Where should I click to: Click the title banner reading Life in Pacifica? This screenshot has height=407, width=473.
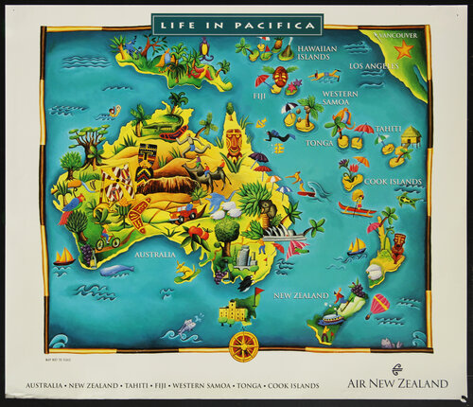pos(236,23)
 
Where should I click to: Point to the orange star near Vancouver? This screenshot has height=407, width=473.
pos(404,50)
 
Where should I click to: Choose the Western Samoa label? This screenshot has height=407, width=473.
pos(340,99)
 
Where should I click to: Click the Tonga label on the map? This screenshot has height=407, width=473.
pos(320,143)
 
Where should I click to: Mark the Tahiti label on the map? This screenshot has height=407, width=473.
pos(388,128)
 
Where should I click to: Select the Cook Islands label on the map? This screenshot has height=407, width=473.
pos(392,181)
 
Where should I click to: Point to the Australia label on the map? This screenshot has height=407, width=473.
pos(154,254)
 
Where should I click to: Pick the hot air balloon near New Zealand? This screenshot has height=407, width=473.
pos(379,305)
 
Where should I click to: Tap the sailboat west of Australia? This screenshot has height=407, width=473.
pos(63,256)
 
